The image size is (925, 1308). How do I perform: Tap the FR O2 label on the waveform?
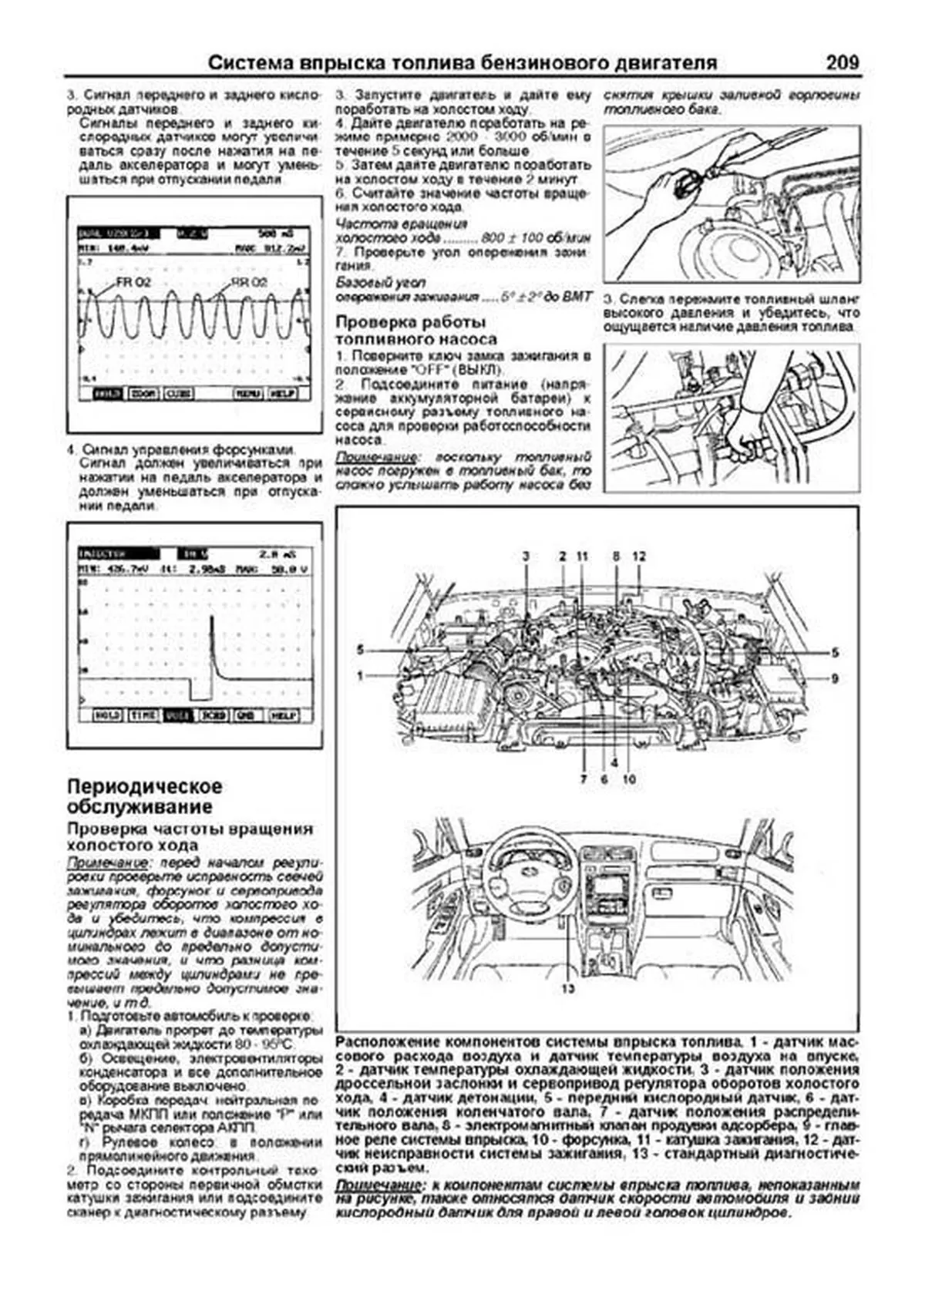click(x=133, y=282)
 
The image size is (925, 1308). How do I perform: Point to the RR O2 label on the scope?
click(x=249, y=282)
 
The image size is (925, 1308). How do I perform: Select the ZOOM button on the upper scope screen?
click(x=143, y=394)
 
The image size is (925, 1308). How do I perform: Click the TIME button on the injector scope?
click(x=144, y=715)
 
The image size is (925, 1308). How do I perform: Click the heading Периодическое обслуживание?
click(x=144, y=796)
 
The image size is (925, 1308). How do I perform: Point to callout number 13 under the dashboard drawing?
click(x=567, y=988)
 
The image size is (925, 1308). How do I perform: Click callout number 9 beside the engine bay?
click(x=835, y=679)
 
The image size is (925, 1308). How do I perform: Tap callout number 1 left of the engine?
click(x=360, y=675)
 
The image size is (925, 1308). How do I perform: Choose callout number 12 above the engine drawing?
click(x=639, y=556)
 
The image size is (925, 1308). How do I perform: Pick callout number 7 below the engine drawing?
click(x=584, y=779)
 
